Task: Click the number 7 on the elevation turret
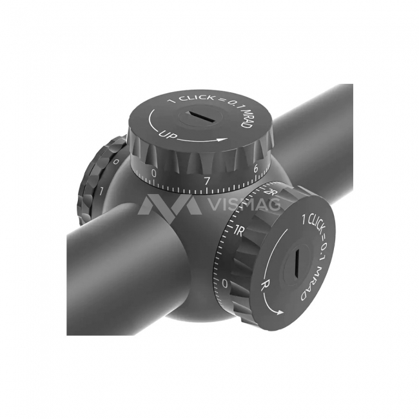coord(206,181)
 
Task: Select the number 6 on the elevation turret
coord(256,169)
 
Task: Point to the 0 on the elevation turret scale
coord(153,173)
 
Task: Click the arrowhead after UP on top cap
coord(223,139)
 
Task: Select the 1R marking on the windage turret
coord(238,231)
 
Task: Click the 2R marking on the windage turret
coord(268,192)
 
